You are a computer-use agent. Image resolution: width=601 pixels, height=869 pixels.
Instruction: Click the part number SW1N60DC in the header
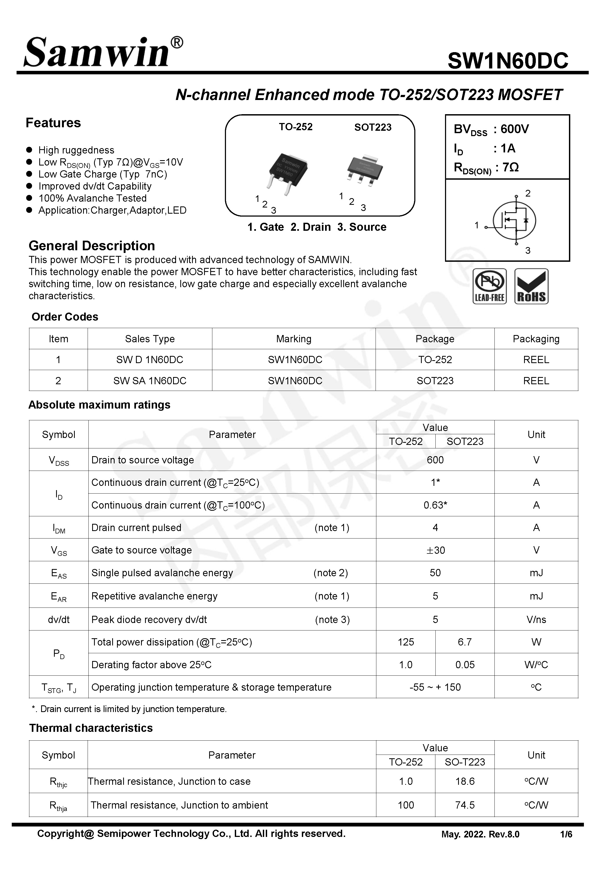507,60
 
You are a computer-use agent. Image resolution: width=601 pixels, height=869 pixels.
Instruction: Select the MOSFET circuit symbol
514,220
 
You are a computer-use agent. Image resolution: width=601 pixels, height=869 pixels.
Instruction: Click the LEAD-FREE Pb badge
489,286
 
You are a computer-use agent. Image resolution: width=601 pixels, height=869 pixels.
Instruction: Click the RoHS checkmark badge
531,286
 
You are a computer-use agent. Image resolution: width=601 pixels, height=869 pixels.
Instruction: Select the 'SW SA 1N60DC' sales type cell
150,380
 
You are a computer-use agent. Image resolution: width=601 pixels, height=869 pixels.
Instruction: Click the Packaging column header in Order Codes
536,339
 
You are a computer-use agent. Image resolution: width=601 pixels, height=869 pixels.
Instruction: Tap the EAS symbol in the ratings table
59,573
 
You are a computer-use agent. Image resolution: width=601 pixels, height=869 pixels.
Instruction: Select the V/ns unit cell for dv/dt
536,620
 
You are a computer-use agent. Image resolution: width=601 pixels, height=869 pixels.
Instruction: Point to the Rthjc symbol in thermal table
58,782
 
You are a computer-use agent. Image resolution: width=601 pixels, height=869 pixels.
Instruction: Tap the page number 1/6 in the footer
566,834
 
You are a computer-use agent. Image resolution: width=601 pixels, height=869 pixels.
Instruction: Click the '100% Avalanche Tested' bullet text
92,198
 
